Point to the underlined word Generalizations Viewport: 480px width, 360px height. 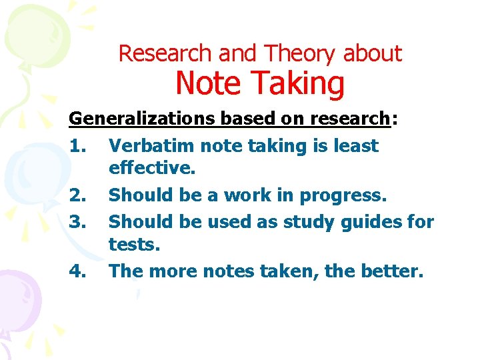141,119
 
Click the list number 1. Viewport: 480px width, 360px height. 78,146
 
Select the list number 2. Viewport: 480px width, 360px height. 78,195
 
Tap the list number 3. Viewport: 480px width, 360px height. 78,221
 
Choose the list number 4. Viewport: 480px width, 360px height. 78,271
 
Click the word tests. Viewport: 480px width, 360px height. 135,245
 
